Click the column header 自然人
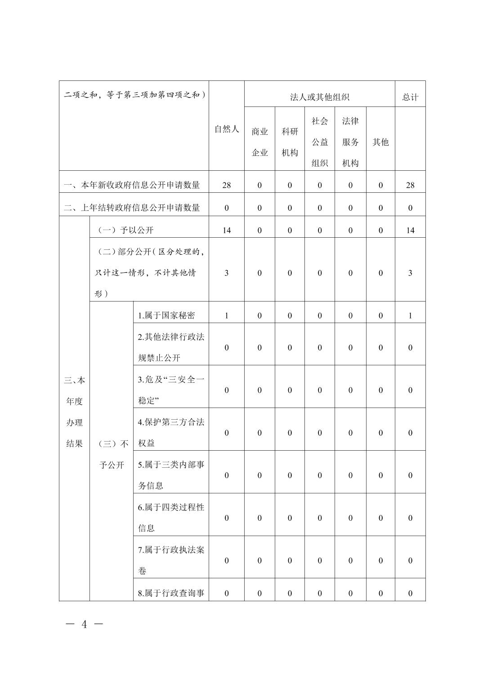[x=226, y=129]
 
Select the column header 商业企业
[x=259, y=142]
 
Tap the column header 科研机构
[x=290, y=142]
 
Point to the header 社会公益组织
[x=320, y=142]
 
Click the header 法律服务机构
[x=350, y=142]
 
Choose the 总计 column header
[x=410, y=97]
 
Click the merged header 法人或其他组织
[x=320, y=97]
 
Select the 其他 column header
[x=380, y=142]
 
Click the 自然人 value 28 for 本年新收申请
[x=226, y=185]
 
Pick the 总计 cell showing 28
[x=410, y=185]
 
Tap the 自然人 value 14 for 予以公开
[x=226, y=230]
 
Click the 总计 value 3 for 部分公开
[x=410, y=273]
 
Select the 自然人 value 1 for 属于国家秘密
[x=226, y=315]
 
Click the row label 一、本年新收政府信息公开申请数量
[x=132, y=185]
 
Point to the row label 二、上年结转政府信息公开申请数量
[x=132, y=208]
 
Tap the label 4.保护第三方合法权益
[x=171, y=432]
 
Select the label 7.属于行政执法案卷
[x=171, y=560]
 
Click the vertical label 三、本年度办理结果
[x=75, y=412]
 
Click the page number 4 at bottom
[x=84, y=624]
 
